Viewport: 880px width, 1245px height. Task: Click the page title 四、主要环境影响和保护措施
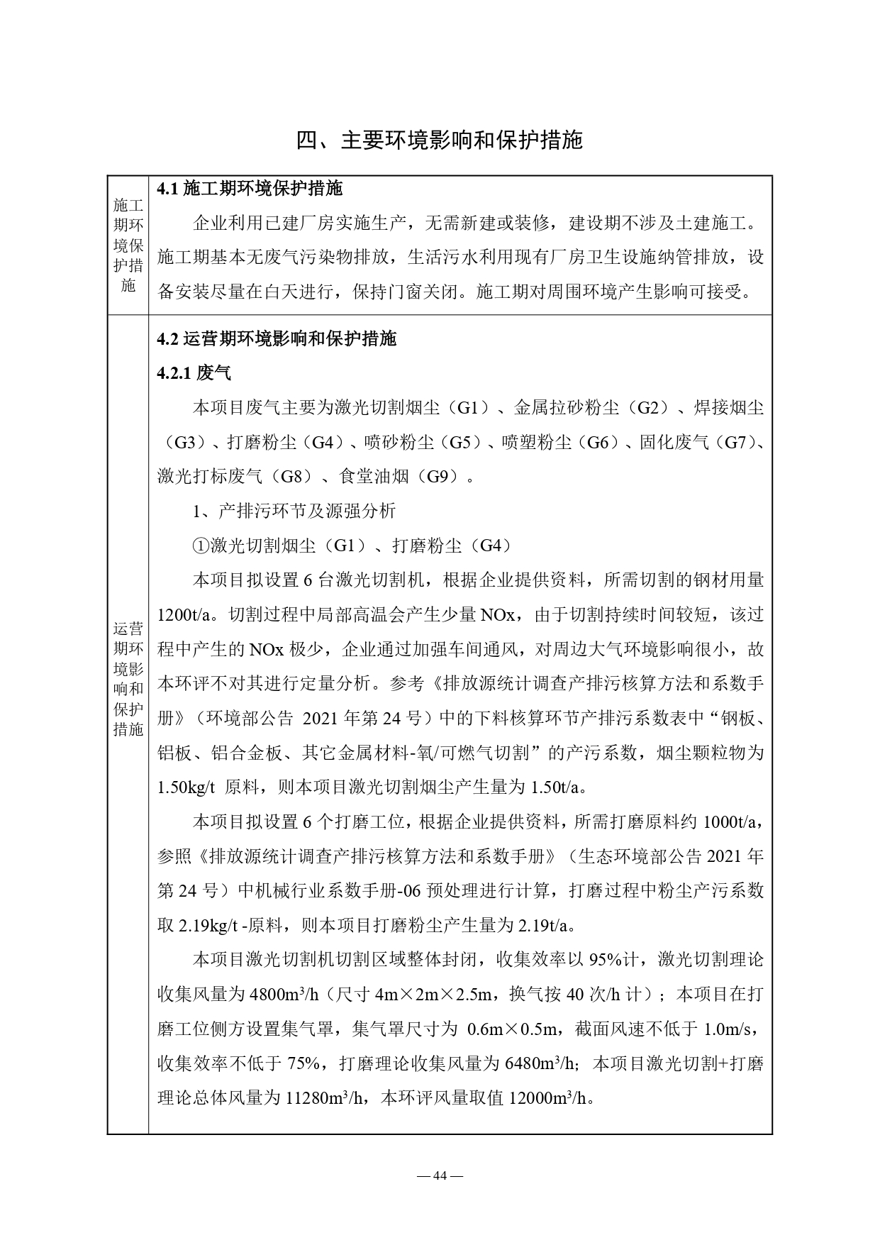tap(439, 140)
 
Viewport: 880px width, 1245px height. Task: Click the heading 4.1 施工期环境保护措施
tap(250, 189)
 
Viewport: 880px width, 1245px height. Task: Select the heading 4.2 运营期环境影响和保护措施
tap(277, 338)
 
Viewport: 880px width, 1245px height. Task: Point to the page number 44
tap(440, 1175)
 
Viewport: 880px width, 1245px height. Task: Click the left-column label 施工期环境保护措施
tap(128, 245)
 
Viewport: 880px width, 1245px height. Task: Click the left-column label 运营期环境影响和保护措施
tap(128, 679)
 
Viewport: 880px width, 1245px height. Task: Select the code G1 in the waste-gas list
tap(473, 408)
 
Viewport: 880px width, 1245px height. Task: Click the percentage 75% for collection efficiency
tap(305, 1064)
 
